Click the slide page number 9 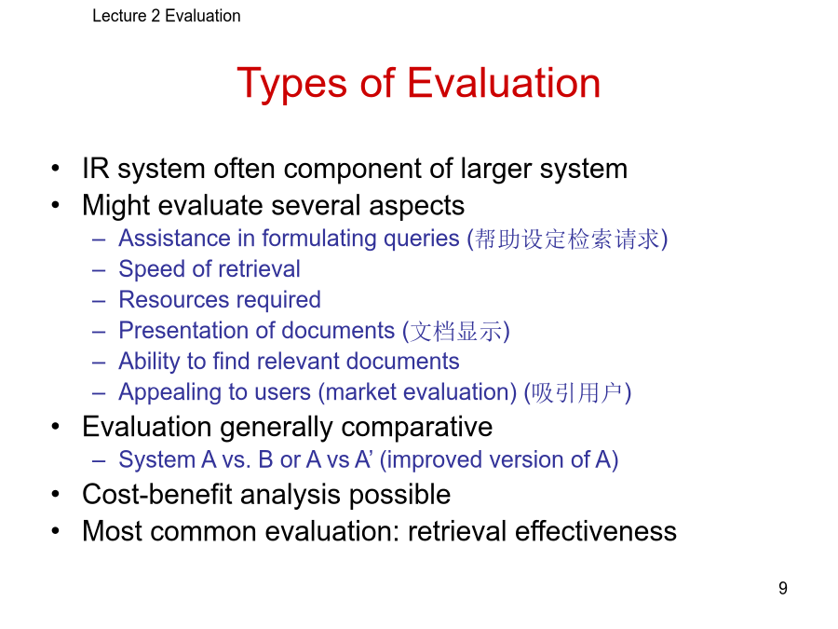[x=783, y=588]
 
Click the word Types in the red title [x=291, y=85]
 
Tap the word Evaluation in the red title [x=504, y=83]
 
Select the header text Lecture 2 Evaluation [x=167, y=16]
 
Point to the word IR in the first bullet [x=96, y=169]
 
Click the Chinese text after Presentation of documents [x=455, y=332]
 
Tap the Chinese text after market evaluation [x=577, y=393]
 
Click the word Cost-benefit [x=157, y=494]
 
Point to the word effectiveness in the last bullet [x=596, y=531]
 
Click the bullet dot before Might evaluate [x=56, y=205]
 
